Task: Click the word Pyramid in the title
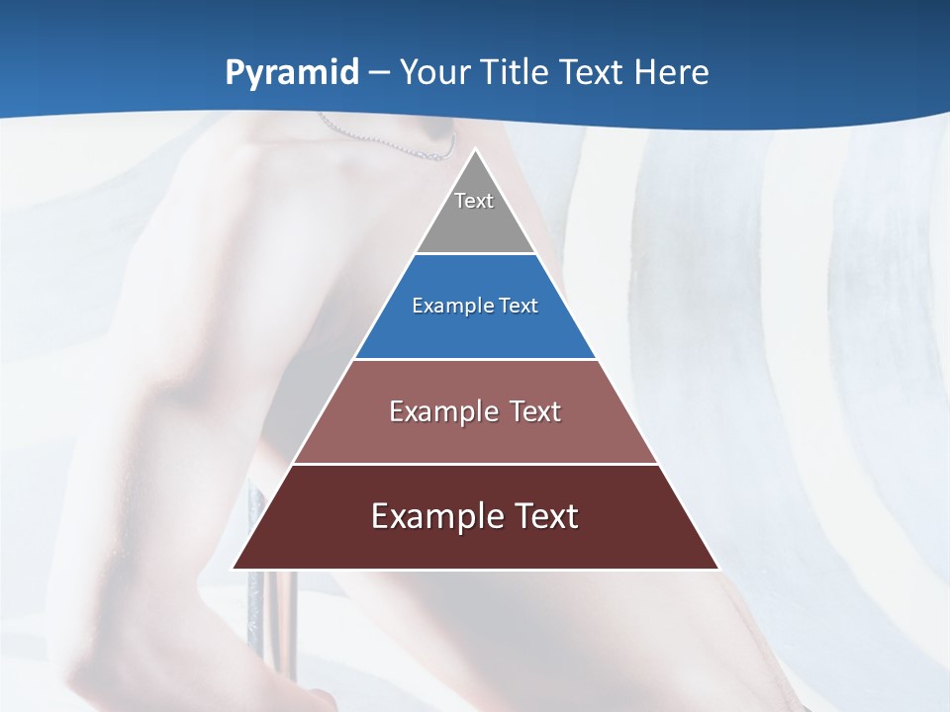click(292, 73)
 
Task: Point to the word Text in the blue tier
click(519, 307)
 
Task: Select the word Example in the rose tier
click(441, 411)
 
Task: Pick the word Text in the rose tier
click(537, 411)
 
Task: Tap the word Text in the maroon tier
click(548, 516)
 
